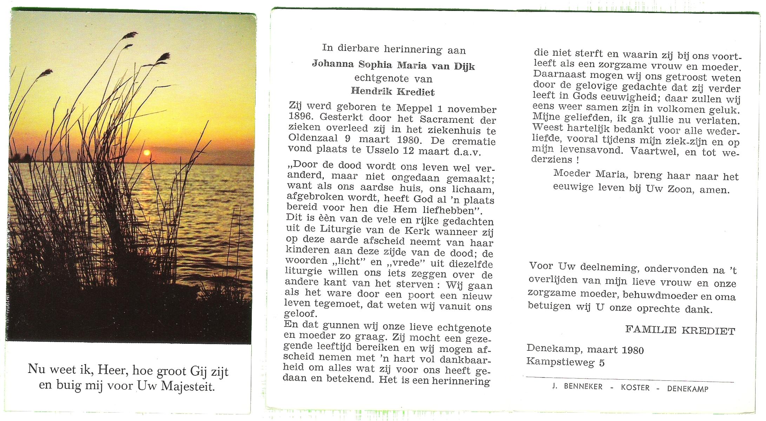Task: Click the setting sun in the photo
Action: [147, 153]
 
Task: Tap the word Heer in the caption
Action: [111, 369]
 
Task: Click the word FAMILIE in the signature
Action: [651, 329]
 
